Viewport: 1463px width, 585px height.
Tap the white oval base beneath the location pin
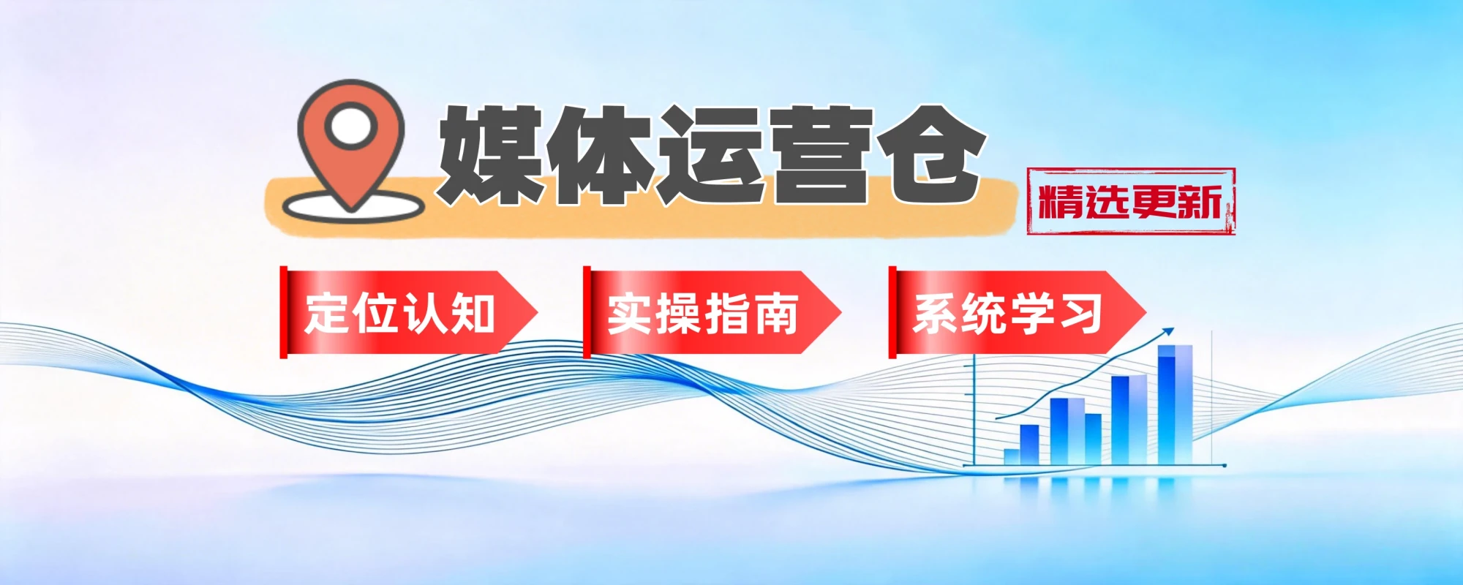click(x=353, y=206)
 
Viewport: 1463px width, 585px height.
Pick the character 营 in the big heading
click(x=821, y=154)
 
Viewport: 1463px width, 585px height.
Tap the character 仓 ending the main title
click(x=930, y=154)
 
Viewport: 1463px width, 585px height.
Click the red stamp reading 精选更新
click(x=1131, y=201)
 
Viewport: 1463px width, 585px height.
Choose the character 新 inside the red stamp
click(x=1200, y=202)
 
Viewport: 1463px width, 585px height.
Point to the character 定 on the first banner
click(x=328, y=314)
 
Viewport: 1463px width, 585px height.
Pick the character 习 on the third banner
click(x=1080, y=314)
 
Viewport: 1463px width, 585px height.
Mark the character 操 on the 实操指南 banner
click(x=678, y=314)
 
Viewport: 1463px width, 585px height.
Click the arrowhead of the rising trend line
click(x=1168, y=331)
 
